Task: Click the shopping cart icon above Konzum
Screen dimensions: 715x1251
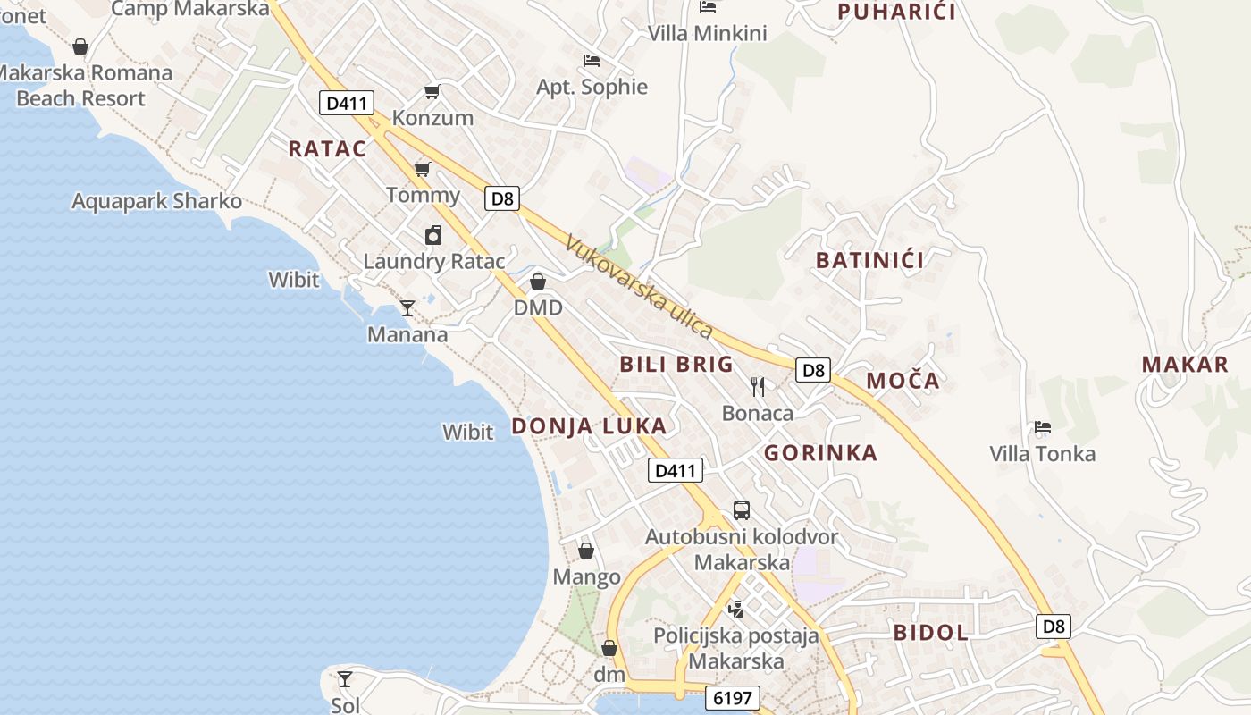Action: (x=432, y=91)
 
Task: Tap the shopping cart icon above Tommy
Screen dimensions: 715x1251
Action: (x=422, y=169)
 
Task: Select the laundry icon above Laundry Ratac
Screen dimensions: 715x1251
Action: (x=433, y=235)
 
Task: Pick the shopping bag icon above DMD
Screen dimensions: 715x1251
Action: (x=538, y=282)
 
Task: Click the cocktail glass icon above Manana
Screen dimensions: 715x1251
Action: (x=407, y=308)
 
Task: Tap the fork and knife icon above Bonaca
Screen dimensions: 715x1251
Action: (x=758, y=386)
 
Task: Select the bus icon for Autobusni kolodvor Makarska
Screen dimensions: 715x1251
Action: (x=742, y=510)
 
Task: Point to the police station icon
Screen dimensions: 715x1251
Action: (x=735, y=609)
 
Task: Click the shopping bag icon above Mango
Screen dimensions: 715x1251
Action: (x=586, y=551)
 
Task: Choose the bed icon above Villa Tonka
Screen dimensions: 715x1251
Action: (x=1042, y=427)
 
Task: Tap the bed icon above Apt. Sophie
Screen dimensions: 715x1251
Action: (x=591, y=61)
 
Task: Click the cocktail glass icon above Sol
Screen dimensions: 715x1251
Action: (x=345, y=679)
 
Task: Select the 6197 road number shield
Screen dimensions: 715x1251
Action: (x=732, y=697)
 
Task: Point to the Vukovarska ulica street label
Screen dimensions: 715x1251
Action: (x=639, y=287)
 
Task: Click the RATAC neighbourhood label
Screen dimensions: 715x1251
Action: (x=327, y=149)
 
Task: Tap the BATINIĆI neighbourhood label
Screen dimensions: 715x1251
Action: (x=869, y=261)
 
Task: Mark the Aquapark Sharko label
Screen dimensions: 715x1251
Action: (x=156, y=201)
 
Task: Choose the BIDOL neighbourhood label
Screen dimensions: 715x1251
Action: (x=930, y=633)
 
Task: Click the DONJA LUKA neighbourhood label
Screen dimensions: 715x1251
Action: (x=589, y=426)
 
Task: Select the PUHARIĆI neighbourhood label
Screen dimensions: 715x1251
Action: (x=896, y=12)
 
